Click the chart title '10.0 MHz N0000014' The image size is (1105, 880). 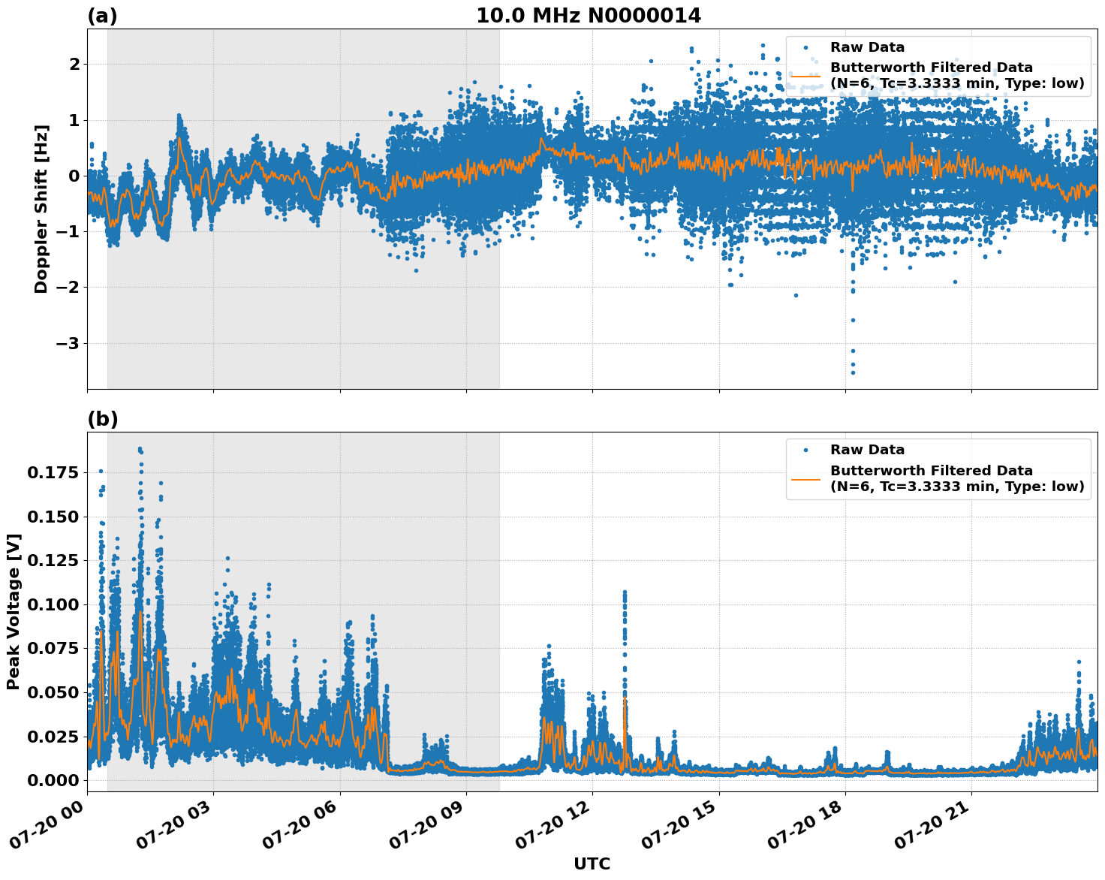tap(588, 16)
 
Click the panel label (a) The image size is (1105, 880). tap(102, 16)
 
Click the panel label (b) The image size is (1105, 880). tap(102, 419)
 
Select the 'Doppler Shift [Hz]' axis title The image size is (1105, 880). tap(41, 209)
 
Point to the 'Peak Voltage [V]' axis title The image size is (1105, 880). tap(14, 611)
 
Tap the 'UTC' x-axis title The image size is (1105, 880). tap(592, 863)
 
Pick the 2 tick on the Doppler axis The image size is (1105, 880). tap(74, 65)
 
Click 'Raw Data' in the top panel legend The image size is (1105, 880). tap(867, 47)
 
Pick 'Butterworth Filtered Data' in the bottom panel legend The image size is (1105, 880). tap(931, 471)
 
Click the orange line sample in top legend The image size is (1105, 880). tap(805, 75)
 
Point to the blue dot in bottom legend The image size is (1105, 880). tap(805, 450)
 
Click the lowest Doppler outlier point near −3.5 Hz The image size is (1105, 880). tap(852, 372)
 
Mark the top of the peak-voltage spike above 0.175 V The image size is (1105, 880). tap(140, 449)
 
